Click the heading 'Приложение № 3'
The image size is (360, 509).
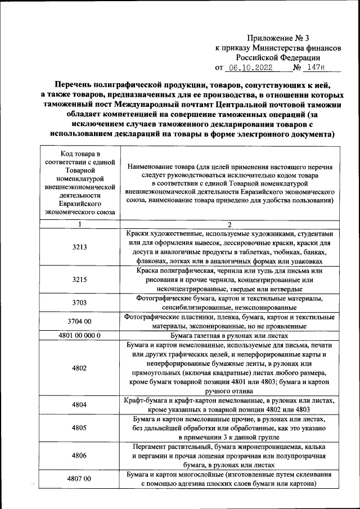coord(278,39)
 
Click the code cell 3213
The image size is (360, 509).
coord(79,247)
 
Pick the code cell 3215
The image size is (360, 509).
coord(79,280)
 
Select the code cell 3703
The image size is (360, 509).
coord(79,303)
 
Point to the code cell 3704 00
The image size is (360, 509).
coord(79,322)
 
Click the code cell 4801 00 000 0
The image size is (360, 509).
coord(79,335)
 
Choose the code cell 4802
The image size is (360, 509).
coord(79,368)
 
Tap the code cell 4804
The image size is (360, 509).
coord(79,405)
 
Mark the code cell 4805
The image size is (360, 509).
coord(79,428)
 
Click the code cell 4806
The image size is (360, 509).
coord(79,456)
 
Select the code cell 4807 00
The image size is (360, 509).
coord(79,479)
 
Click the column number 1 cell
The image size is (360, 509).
coord(79,224)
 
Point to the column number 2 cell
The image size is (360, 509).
coord(230,224)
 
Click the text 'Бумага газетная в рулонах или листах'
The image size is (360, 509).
coord(230,335)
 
